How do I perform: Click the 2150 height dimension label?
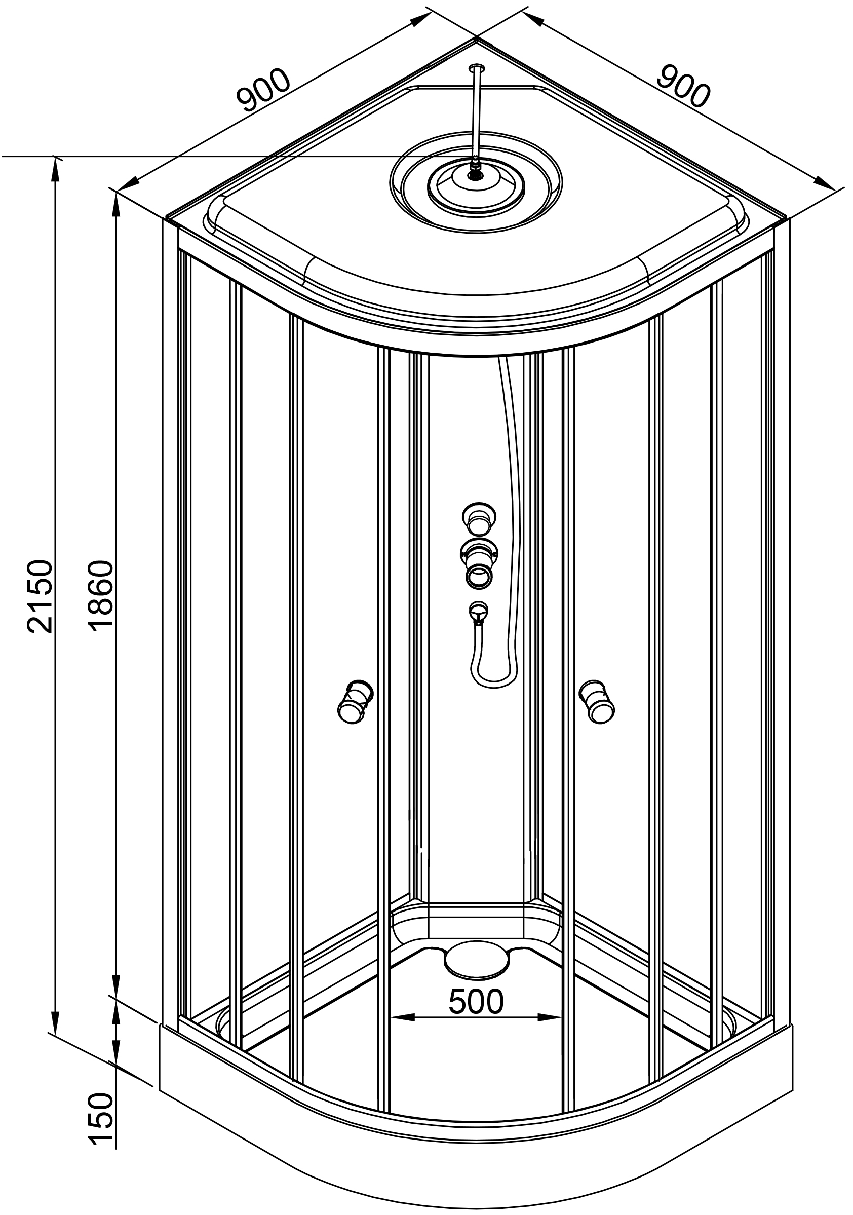[x=40, y=596]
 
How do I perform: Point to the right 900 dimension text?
[x=683, y=87]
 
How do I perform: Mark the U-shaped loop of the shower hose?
[x=493, y=679]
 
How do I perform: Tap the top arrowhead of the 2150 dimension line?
[x=55, y=164]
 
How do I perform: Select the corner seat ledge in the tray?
[x=475, y=921]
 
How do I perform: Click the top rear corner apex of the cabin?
[x=476, y=38]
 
